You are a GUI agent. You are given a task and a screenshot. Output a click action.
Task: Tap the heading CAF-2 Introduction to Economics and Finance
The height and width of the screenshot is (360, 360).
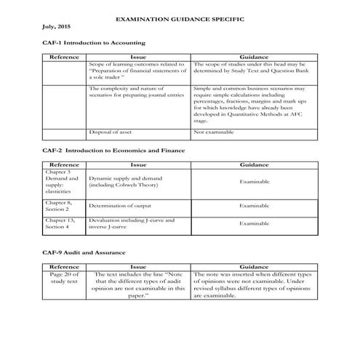coord(113,150)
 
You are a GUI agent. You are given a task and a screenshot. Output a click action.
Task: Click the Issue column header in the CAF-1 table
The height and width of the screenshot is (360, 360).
coord(138,56)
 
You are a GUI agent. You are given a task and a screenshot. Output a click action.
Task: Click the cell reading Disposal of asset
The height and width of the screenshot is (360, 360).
coord(111,132)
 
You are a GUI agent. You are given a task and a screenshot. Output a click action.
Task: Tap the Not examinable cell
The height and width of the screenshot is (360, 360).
coord(212,132)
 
